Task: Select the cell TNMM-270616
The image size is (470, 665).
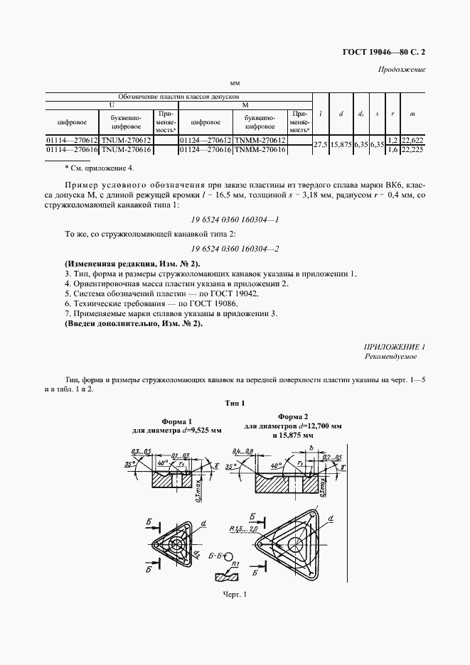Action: pyautogui.click(x=260, y=150)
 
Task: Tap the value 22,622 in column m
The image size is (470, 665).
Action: pyautogui.click(x=412, y=141)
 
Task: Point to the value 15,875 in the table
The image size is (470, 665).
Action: pyautogui.click(x=342, y=145)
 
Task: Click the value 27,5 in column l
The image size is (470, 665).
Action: pyautogui.click(x=321, y=145)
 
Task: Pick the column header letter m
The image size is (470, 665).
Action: pyautogui.click(x=412, y=114)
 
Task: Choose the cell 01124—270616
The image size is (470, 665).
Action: pyautogui.click(x=206, y=150)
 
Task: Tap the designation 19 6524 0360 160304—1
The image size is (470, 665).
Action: pyautogui.click(x=235, y=220)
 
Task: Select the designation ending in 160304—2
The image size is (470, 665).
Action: pyautogui.click(x=235, y=248)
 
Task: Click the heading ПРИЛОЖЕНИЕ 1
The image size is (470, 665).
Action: pyautogui.click(x=394, y=346)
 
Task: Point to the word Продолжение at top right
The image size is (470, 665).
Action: pyautogui.click(x=402, y=70)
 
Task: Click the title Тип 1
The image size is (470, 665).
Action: pyautogui.click(x=235, y=403)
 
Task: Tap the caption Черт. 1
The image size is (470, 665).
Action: pyautogui.click(x=234, y=595)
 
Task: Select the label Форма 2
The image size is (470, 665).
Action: pyautogui.click(x=292, y=416)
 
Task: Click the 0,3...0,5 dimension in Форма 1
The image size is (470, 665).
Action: pyautogui.click(x=141, y=452)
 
